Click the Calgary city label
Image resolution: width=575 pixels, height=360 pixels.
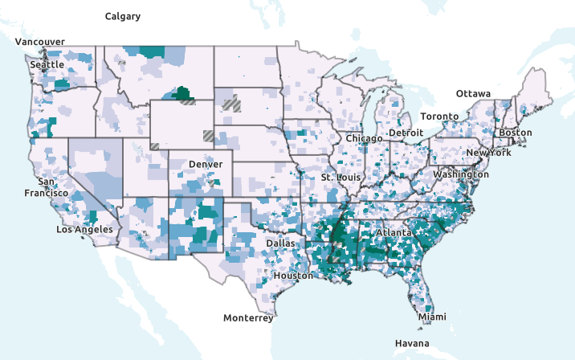[x=123, y=16]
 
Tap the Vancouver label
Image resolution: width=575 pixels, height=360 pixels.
[x=40, y=42]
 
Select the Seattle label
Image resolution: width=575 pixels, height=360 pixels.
[x=47, y=64]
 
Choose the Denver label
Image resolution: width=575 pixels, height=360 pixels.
[x=205, y=164]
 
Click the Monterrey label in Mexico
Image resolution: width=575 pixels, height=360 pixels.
[x=248, y=318]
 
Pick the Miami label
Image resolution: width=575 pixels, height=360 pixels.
[x=431, y=317]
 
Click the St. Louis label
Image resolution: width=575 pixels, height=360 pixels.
[x=337, y=177]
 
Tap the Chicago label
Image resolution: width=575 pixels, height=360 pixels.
[x=365, y=138]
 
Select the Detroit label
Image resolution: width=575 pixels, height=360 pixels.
[x=406, y=132]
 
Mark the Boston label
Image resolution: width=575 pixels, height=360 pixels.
[x=516, y=133]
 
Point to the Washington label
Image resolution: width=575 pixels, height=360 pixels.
[x=461, y=174]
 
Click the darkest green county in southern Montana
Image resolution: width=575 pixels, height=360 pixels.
[x=184, y=92]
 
